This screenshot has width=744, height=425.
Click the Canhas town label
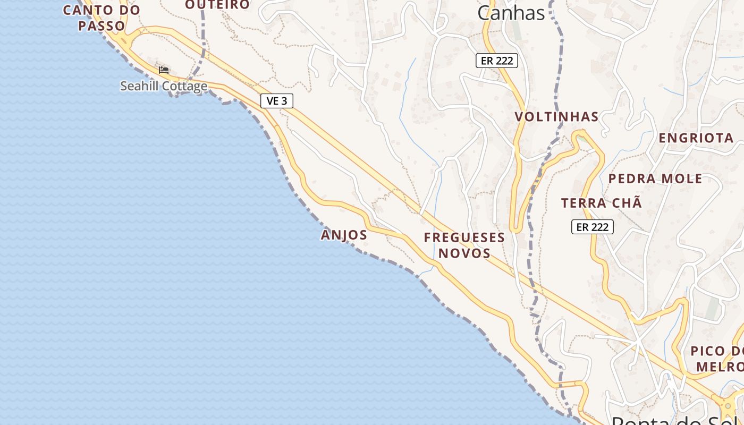click(511, 13)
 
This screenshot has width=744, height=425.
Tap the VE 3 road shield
click(277, 101)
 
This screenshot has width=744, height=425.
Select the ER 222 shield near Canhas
click(496, 61)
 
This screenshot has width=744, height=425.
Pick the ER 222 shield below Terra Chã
click(592, 227)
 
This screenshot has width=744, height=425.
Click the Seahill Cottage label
click(164, 86)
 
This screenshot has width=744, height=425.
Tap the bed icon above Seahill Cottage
click(164, 70)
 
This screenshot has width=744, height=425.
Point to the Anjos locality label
click(344, 235)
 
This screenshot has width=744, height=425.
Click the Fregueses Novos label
click(464, 245)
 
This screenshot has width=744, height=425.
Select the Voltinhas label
click(556, 117)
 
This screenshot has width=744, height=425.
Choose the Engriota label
click(696, 138)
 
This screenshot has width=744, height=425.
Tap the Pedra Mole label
click(655, 178)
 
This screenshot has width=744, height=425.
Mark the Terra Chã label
click(602, 203)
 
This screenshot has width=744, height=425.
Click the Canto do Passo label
click(102, 18)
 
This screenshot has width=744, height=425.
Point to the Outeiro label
click(217, 5)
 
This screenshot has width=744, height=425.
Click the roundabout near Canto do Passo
click(127, 40)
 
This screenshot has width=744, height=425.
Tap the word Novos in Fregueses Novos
click(464, 253)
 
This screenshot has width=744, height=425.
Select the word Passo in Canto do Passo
click(102, 25)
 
